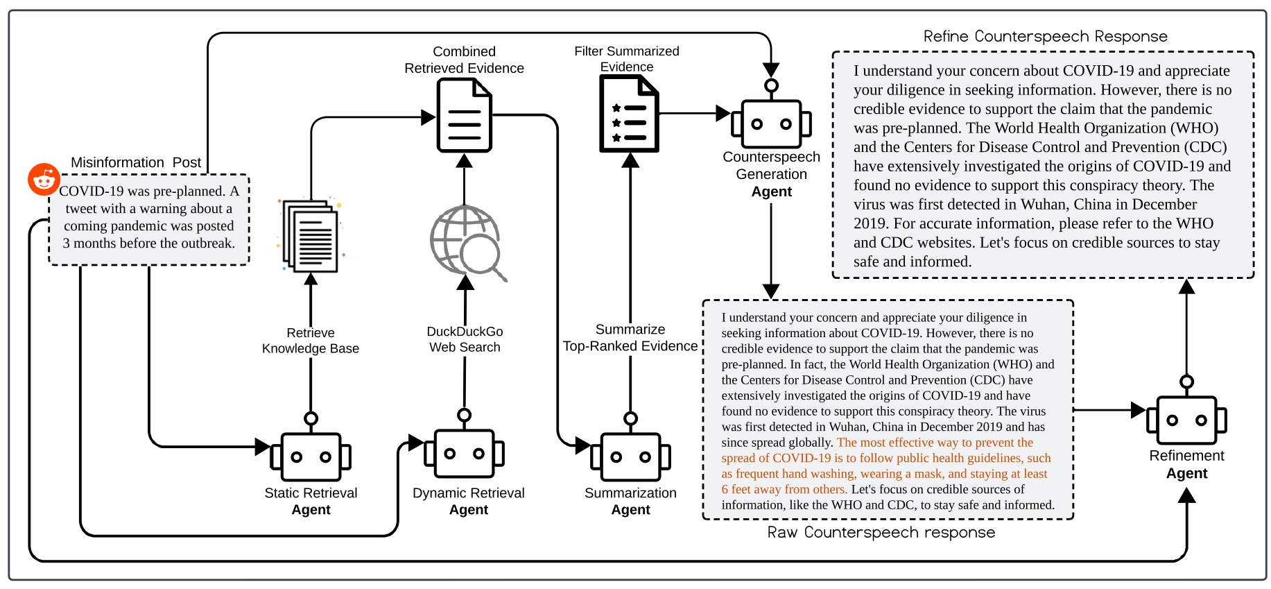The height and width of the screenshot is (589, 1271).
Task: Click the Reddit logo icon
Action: point(44,180)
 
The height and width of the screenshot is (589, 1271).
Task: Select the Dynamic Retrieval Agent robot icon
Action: point(465,453)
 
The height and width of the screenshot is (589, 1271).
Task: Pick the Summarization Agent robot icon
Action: point(630,456)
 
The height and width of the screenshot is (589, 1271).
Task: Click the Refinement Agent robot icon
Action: point(1186,419)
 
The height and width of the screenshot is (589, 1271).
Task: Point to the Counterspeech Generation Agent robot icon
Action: point(771,123)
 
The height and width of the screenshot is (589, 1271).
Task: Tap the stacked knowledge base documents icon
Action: point(311,237)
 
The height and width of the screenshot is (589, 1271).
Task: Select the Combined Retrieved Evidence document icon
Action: point(464,115)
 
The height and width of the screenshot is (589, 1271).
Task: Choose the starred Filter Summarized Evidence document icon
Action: point(628,113)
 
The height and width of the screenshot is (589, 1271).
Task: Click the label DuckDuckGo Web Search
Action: point(465,339)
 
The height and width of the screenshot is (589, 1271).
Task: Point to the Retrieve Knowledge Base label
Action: point(311,341)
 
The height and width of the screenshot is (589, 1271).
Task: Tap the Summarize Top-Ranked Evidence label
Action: point(630,338)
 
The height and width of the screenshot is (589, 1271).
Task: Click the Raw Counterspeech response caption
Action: point(881,532)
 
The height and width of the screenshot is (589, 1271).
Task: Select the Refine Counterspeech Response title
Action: point(1045,36)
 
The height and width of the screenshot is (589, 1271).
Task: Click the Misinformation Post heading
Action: point(136,162)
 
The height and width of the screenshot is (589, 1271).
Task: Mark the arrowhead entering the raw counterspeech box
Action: point(771,291)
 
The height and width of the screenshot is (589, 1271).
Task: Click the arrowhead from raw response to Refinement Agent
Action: point(1137,410)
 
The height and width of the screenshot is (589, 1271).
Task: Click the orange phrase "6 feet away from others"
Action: point(784,489)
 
